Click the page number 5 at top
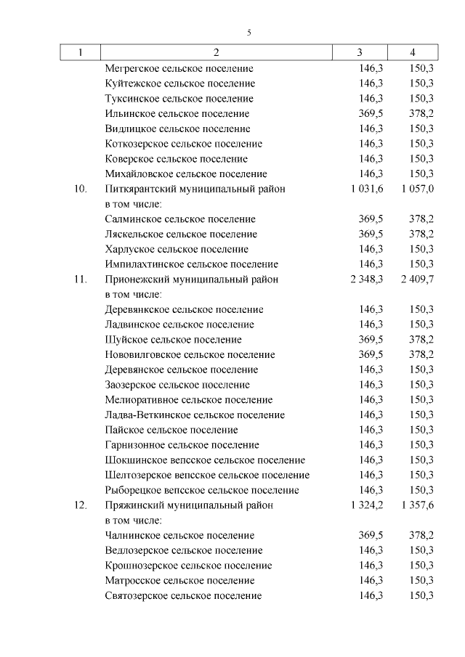tap(248, 33)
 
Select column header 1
tap(80, 52)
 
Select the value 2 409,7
tap(416, 279)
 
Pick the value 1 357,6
tap(416, 505)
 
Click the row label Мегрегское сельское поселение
tap(179, 68)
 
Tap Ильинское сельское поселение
tap(177, 114)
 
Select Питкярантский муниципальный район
tap(195, 189)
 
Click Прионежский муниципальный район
tap(191, 279)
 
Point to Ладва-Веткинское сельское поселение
tap(195, 415)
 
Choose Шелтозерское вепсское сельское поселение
tap(207, 476)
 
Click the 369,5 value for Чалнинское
tap(371, 536)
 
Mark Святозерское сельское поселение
tap(183, 596)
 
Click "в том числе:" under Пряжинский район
tap(133, 521)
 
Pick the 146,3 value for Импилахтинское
tap(371, 264)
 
